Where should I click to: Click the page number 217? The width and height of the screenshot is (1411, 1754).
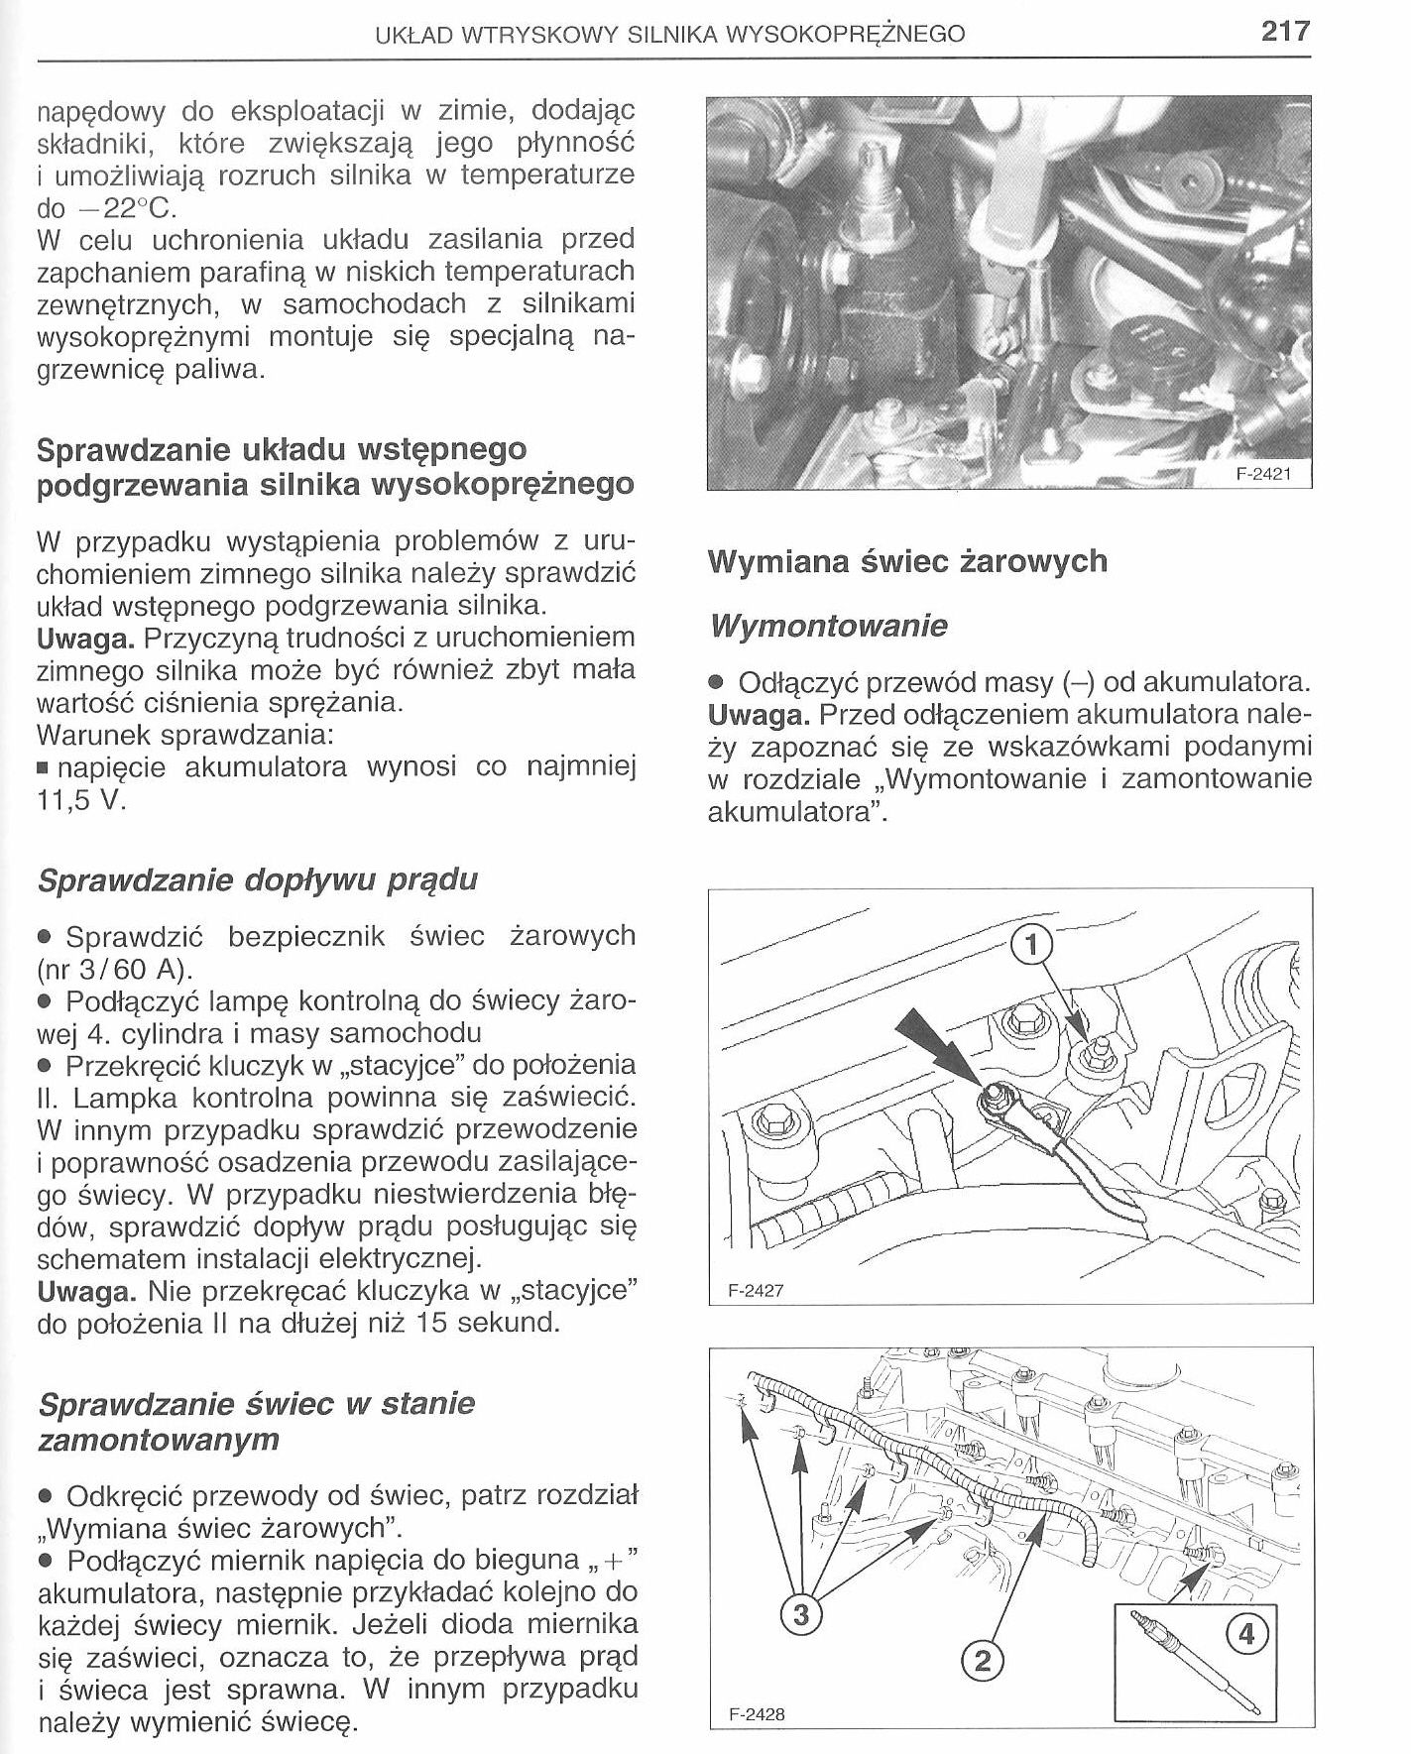1286,32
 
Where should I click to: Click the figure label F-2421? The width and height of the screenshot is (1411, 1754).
1262,474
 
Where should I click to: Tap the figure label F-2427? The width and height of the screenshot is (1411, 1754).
756,1292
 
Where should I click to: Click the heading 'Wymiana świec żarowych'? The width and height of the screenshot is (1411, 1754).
907,561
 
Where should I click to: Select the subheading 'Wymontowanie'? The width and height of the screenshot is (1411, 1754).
828,627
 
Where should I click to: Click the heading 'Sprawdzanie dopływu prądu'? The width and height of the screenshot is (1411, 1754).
257,879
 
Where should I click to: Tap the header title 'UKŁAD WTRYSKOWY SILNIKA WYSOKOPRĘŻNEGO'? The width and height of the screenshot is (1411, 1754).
670,36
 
